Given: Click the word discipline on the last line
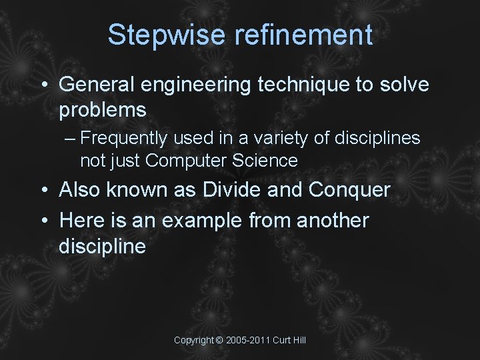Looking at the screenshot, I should (x=102, y=246).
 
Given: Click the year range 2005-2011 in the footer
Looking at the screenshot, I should (x=247, y=340).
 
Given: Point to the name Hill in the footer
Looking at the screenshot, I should (x=299, y=340).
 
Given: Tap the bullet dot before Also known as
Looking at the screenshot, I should (x=43, y=191).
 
